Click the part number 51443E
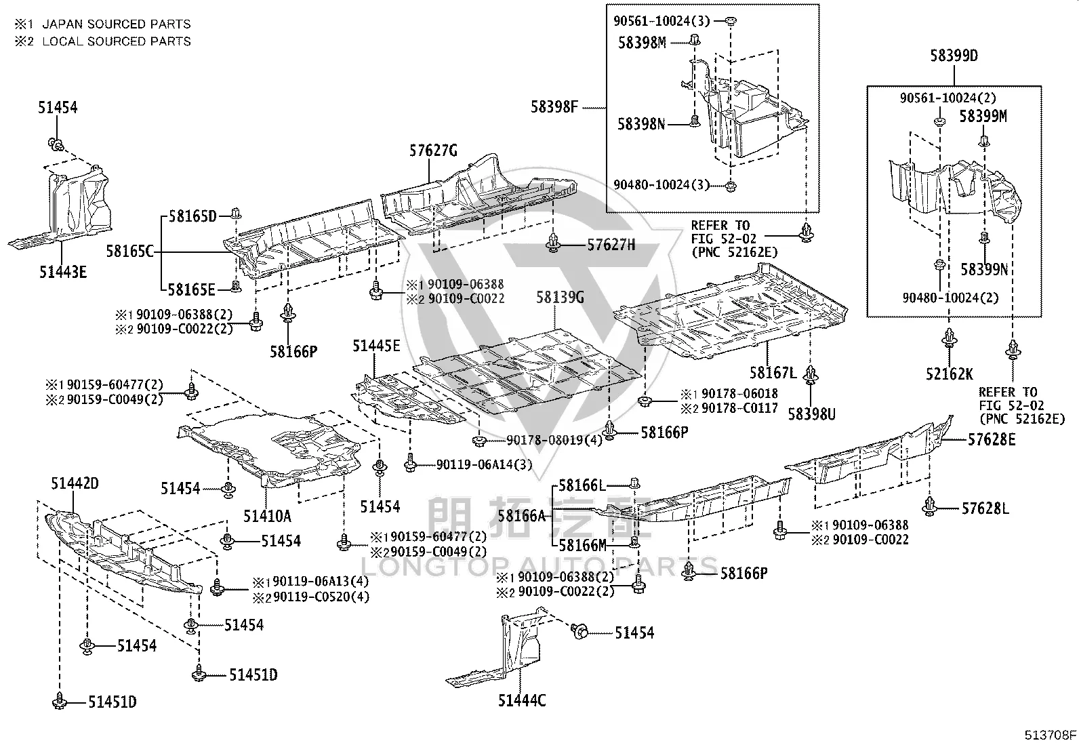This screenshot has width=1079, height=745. click(63, 273)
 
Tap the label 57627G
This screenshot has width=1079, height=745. click(434, 151)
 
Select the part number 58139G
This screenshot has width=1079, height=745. click(561, 298)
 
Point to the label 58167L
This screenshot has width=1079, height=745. click(773, 373)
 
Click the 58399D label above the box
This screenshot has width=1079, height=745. click(954, 56)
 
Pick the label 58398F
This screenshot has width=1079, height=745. click(554, 106)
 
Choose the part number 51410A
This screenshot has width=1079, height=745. click(267, 516)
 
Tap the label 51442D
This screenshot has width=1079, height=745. click(75, 483)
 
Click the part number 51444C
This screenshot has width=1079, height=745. click(522, 700)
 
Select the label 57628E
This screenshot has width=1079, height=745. click(992, 439)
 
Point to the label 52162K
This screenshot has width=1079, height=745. click(950, 374)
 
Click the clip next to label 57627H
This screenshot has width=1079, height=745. click(554, 243)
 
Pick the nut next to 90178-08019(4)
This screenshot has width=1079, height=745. click(479, 441)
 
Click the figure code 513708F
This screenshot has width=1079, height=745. click(1050, 735)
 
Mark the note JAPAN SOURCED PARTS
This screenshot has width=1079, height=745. click(117, 24)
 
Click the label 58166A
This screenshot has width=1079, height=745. click(522, 516)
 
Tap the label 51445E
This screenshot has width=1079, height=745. click(376, 346)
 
